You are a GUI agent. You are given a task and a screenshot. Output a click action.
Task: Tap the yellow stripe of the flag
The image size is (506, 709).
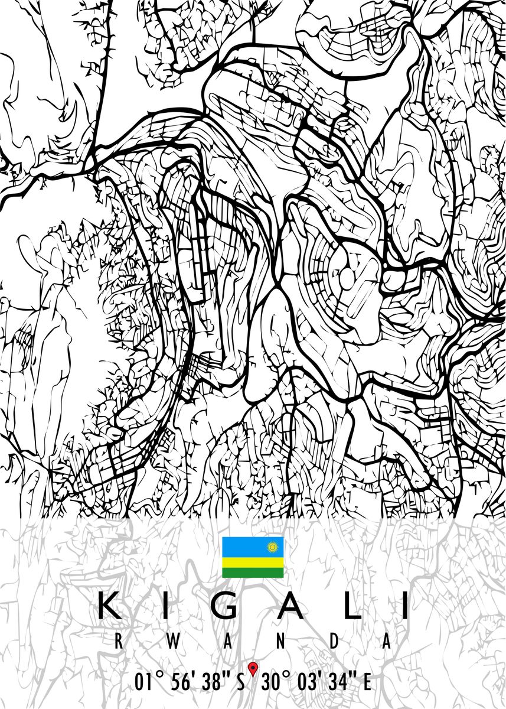tap(253, 562)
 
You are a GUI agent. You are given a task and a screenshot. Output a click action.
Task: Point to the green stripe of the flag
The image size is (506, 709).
tap(253, 572)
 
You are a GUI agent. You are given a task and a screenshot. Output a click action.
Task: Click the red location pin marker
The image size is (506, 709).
tap(253, 668)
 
